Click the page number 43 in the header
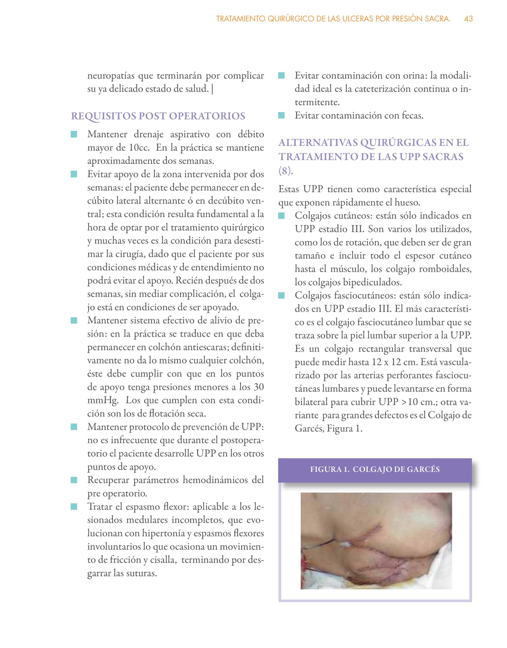(x=468, y=19)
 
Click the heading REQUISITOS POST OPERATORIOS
(x=158, y=116)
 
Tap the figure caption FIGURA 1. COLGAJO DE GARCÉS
(x=375, y=469)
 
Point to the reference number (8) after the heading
(x=286, y=171)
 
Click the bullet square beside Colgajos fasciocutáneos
(x=281, y=295)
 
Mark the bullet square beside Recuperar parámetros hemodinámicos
(x=74, y=480)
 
